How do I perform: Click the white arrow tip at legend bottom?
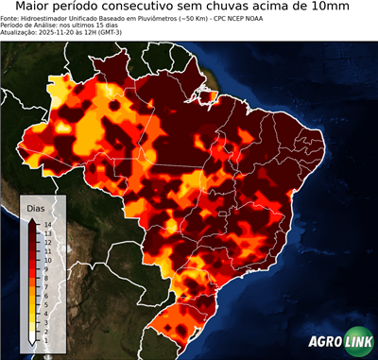click(x=31, y=340)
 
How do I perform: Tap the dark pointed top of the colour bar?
click(x=32, y=220)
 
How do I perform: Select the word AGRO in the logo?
click(x=324, y=343)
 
